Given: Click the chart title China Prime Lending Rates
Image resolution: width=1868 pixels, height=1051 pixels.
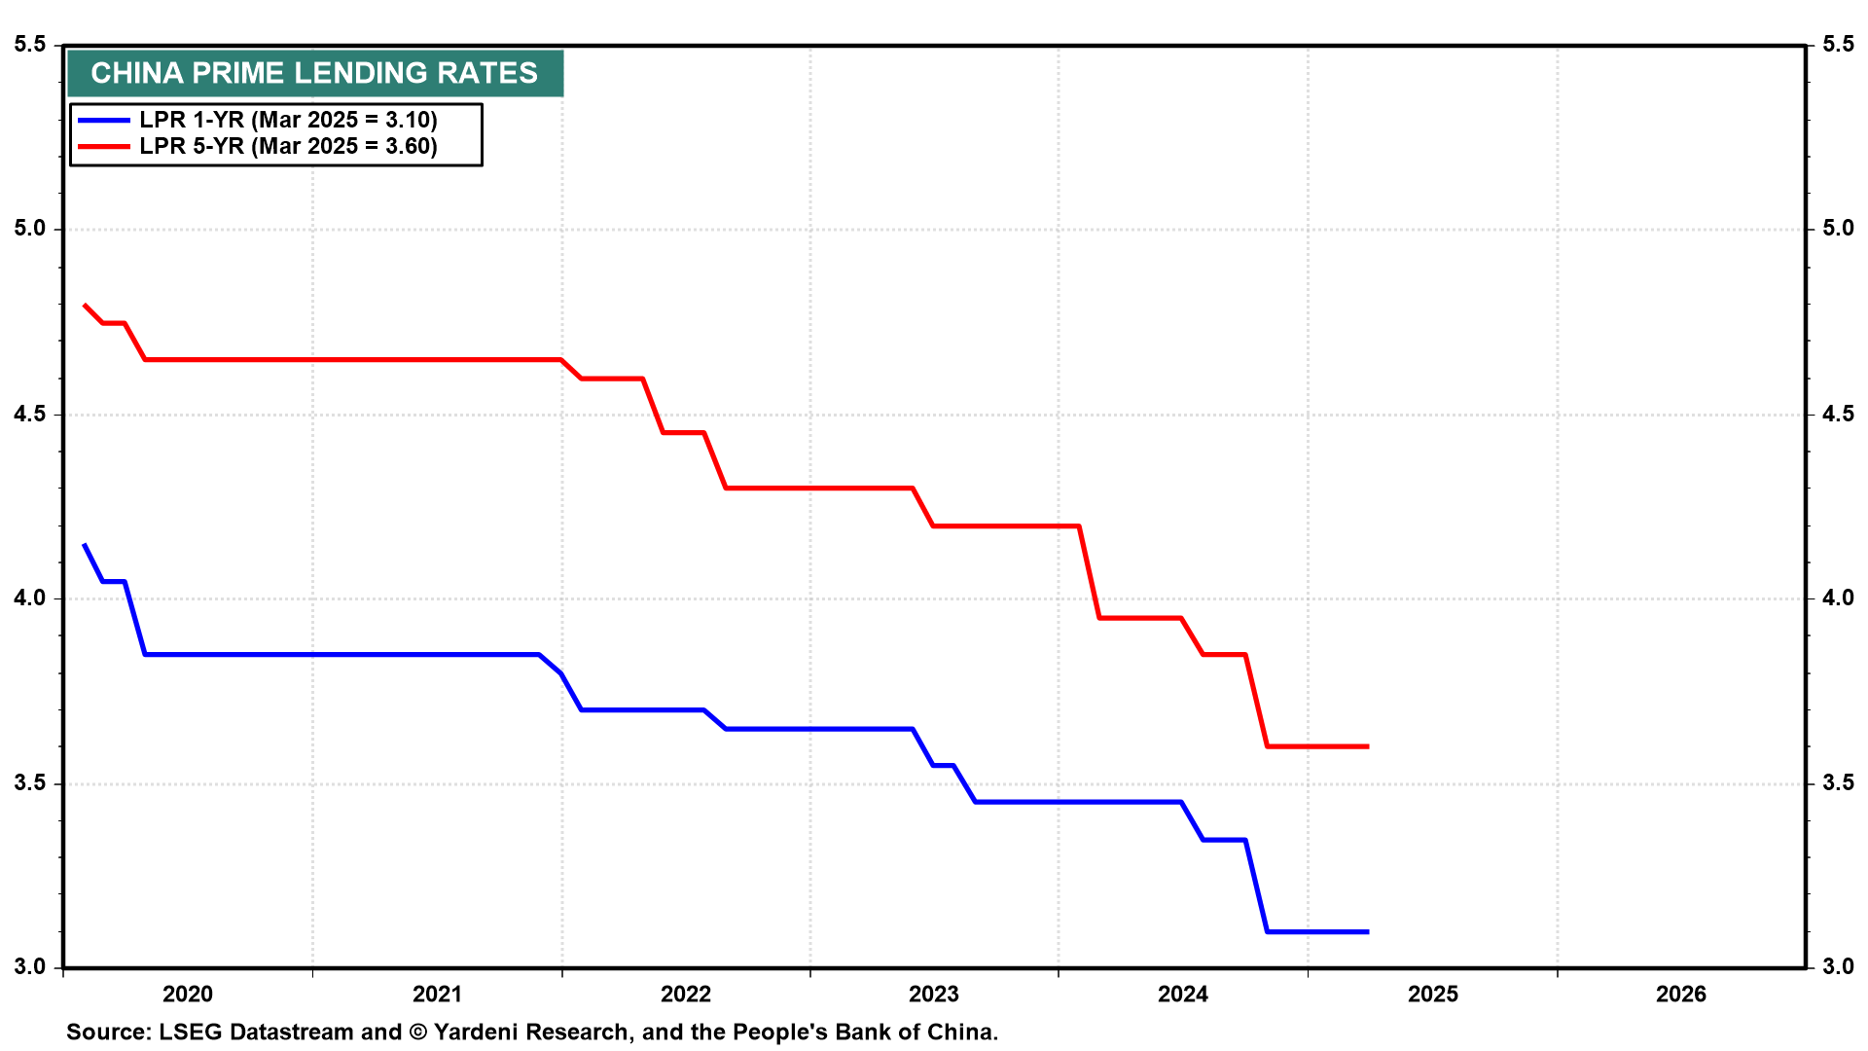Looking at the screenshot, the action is [314, 73].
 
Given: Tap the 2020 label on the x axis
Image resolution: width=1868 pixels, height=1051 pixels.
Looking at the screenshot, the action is [188, 994].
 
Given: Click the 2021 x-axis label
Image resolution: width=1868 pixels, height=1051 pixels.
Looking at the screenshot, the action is [437, 994].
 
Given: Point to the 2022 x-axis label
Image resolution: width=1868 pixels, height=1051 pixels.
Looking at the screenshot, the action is [686, 994].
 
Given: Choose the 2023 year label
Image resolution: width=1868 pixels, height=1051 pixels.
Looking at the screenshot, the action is [934, 994].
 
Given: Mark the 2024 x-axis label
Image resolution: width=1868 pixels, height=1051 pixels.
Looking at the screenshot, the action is [1183, 994].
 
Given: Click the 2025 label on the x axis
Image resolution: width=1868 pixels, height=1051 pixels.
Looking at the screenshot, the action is [1433, 994].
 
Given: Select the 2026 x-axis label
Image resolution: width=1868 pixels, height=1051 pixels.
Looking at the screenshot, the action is [1681, 994].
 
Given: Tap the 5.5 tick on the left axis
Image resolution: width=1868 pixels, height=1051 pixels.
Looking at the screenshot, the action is [30, 45].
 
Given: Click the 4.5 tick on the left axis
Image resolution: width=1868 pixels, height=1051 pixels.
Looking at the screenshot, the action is [30, 415].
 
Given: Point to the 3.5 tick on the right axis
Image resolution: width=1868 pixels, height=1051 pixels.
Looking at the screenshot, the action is [1838, 783].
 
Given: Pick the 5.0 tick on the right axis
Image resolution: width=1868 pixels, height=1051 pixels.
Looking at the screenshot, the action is [1838, 229].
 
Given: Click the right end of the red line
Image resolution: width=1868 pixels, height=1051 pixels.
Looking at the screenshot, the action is [1368, 746].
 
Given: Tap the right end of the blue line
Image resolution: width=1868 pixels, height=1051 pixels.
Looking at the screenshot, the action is [1368, 932].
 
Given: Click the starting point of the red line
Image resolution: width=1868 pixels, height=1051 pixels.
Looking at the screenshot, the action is [85, 305].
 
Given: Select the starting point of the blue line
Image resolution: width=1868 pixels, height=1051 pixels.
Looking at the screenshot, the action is [85, 545].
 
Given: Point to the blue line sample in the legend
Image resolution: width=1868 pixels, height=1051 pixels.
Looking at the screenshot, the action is [104, 120].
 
